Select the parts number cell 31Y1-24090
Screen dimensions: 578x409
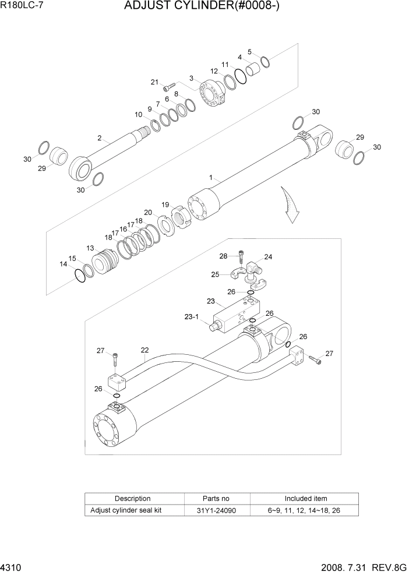[x=217, y=510]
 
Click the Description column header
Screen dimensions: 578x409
[x=133, y=498]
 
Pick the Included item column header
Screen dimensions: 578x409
[x=305, y=498]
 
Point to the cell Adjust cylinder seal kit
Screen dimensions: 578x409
[x=126, y=510]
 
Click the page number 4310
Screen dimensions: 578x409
[x=12, y=567]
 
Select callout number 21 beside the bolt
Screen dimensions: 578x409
[x=155, y=82]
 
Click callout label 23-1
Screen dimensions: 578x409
[x=192, y=318]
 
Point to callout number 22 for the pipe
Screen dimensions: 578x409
[x=144, y=350]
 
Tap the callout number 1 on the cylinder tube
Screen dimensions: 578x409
[x=211, y=177]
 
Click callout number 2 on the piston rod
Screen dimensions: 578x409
[x=100, y=138]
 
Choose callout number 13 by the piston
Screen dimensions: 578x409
[x=90, y=248]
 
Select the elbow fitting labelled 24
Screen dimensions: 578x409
[x=254, y=269]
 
